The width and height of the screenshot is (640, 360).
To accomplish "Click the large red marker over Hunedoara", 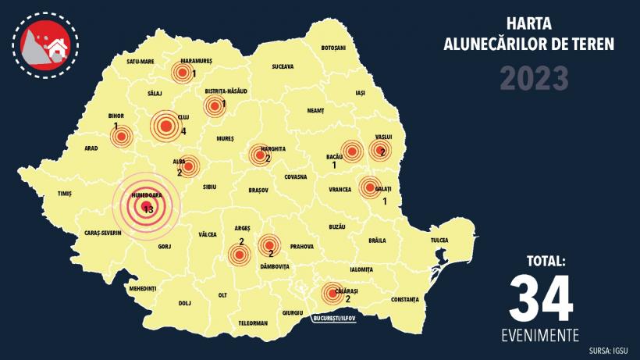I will click(146, 207).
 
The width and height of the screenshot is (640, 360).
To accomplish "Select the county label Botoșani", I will click(333, 48).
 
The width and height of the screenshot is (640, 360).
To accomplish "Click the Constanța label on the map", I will click(405, 299).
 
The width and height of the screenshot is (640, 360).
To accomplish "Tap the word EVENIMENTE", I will click(540, 336).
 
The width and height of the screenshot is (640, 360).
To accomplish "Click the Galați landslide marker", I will click(368, 187).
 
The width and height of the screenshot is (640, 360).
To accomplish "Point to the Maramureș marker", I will click(182, 73).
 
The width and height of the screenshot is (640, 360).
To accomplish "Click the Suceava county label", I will click(282, 67).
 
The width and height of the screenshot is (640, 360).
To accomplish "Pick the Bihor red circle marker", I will click(120, 137).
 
